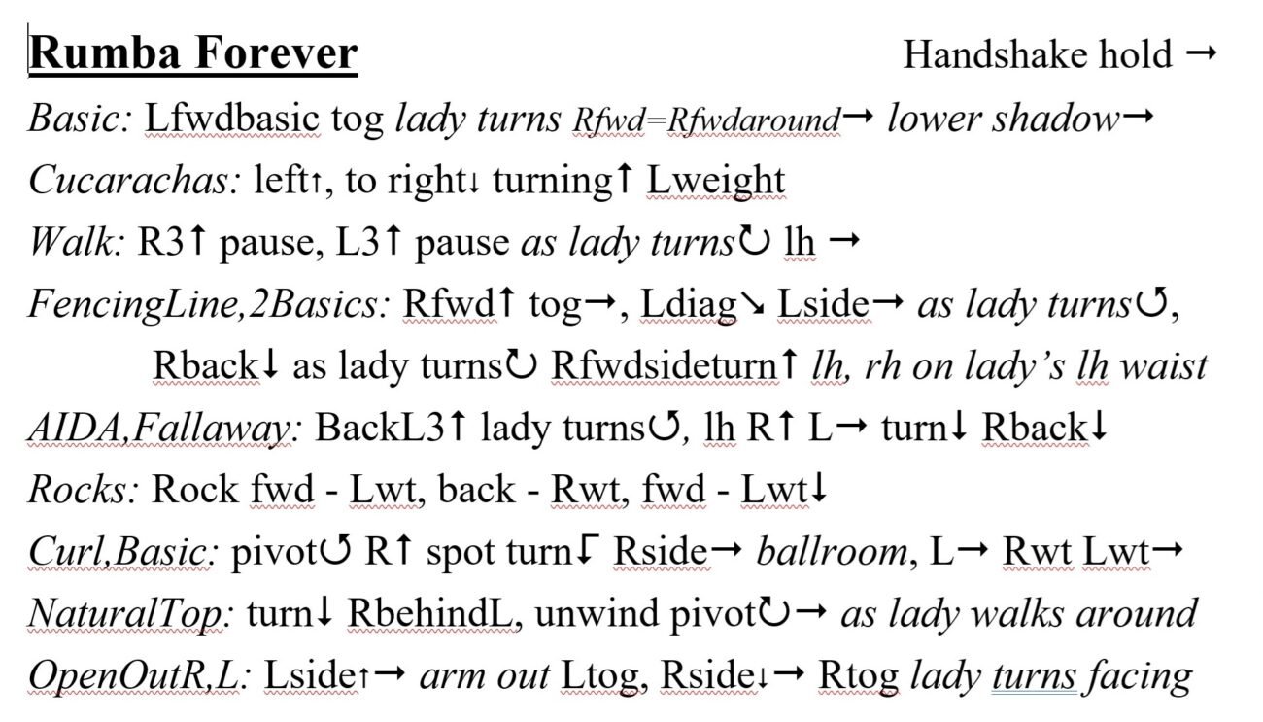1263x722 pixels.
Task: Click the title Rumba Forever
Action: (193, 52)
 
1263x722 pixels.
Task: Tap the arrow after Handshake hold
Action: (1202, 53)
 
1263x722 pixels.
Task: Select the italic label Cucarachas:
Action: (135, 181)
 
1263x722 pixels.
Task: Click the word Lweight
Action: (716, 182)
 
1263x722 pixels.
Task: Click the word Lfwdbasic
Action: (233, 119)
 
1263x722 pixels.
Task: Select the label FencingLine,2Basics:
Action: (209, 304)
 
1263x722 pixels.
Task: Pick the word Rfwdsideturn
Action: (665, 365)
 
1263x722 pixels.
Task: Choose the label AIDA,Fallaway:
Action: (164, 428)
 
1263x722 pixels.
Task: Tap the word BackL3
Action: (380, 427)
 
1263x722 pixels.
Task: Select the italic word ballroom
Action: (833, 551)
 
